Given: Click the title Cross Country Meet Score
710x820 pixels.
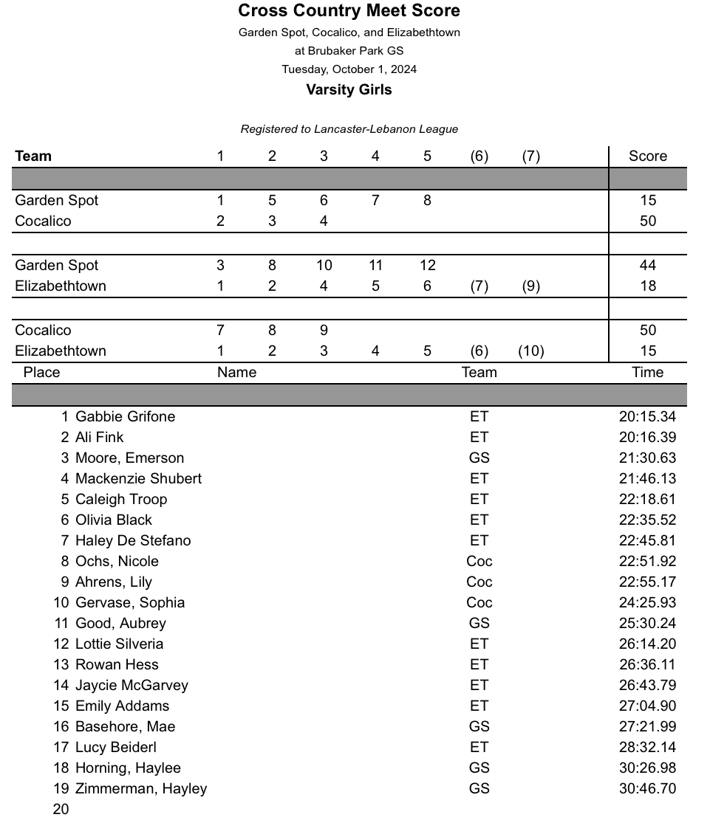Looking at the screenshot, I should [x=349, y=11].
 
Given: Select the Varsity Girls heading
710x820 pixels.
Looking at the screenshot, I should [x=349, y=90].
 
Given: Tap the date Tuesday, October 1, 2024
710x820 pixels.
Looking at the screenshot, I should [x=349, y=69].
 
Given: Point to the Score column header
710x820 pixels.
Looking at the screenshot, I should [x=647, y=156].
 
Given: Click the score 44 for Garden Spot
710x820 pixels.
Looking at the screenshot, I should [x=647, y=266].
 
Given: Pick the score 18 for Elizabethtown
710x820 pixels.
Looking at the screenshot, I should [x=647, y=286].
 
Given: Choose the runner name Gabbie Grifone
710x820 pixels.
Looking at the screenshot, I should [x=126, y=417].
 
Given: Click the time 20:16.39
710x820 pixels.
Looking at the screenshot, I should [x=647, y=438].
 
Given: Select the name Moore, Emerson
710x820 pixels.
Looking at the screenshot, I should [x=130, y=458].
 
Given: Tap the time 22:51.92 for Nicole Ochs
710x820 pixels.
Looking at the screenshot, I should [x=647, y=562].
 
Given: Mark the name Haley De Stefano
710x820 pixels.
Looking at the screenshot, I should [x=133, y=541].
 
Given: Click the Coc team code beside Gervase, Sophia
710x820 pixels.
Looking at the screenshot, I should [x=479, y=603].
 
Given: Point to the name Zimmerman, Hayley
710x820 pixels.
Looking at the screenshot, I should [x=141, y=789].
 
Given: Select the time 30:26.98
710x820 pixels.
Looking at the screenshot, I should [x=647, y=768].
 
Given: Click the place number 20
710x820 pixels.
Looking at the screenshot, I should [x=61, y=810].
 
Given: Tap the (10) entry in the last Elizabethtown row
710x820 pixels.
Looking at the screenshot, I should [x=530, y=351].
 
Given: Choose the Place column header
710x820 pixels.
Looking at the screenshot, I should [x=41, y=373].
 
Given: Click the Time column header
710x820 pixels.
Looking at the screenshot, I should [x=647, y=373].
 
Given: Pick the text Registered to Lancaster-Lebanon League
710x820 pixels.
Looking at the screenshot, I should [x=349, y=129].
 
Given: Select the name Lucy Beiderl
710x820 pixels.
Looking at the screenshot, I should [x=116, y=748].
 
